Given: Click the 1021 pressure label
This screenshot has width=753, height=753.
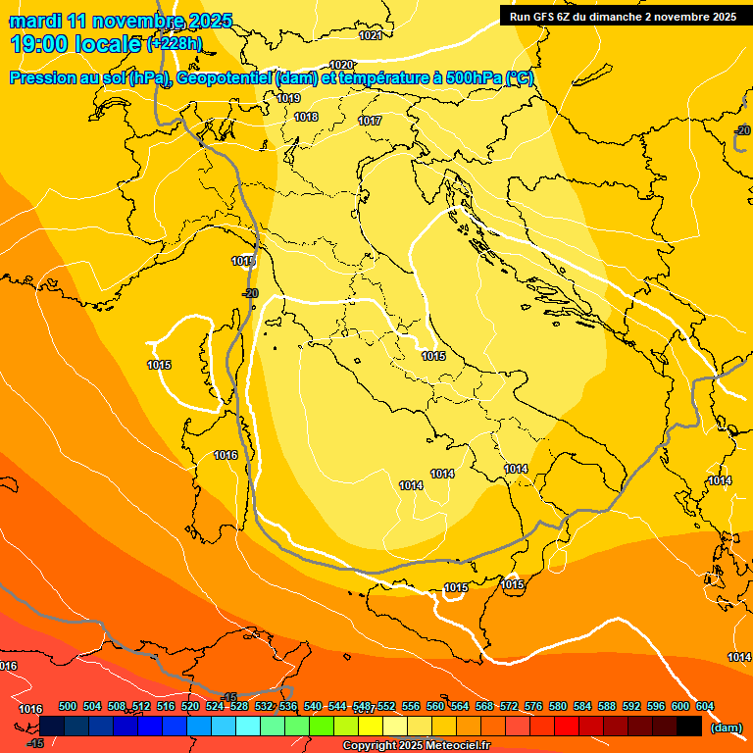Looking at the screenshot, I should [371, 36].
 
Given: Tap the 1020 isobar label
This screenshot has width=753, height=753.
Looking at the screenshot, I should [341, 65].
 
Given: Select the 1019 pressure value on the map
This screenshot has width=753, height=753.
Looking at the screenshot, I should [288, 98].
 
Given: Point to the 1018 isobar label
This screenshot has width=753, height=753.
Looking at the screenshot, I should [307, 117].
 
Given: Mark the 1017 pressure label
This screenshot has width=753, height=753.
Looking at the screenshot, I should [370, 121].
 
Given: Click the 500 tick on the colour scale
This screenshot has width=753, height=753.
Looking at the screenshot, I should [68, 706].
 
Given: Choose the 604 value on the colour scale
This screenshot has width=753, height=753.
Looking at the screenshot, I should [704, 706].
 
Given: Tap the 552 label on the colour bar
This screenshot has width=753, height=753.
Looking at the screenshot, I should [385, 706].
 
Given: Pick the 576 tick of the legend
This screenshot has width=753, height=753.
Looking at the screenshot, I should [533, 706].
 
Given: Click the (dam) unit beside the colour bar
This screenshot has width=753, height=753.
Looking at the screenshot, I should [726, 728].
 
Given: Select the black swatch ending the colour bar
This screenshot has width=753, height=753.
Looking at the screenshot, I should [689, 727].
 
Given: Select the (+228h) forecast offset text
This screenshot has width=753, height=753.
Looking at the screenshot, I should [175, 44].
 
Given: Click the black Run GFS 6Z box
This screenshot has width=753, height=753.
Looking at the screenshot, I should [623, 16].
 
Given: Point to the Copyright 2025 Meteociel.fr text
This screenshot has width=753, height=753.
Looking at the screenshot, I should [416, 746].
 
